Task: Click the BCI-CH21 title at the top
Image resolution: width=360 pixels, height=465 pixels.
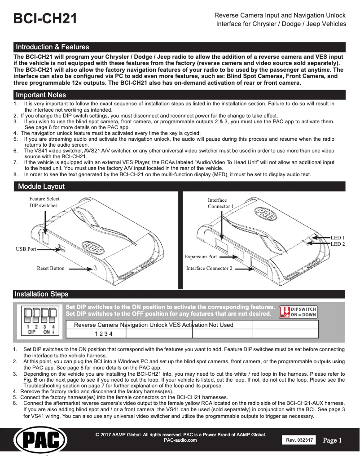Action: pos(45,19)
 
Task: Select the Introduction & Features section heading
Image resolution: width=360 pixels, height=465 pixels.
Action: pos(53,47)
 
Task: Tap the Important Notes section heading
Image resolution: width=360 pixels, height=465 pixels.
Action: pos(41,95)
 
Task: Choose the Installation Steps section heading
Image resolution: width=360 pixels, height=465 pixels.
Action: pos(41,294)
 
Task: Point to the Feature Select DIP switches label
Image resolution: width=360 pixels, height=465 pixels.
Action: pos(44,202)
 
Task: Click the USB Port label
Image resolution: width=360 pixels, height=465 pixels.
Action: pos(26,248)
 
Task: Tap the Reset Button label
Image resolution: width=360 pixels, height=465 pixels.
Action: pos(51,269)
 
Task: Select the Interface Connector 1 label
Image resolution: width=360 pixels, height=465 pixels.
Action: pos(221,203)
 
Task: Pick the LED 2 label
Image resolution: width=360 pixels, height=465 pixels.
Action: pos(338,244)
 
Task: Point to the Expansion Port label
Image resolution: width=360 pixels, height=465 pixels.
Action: pos(201,257)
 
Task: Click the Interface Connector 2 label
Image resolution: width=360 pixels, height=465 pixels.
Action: pos(209,269)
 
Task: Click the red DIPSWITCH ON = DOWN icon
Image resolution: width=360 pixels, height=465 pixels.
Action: pos(298,312)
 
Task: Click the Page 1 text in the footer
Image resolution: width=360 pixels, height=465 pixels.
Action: pos(333,440)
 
